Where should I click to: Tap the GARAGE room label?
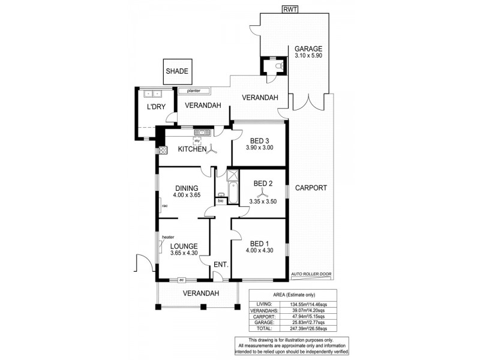[x=308, y=49]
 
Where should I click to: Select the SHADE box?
[x=177, y=71]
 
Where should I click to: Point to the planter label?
[x=193, y=91]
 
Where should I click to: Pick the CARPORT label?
[x=311, y=188]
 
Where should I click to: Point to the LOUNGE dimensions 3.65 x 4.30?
[x=184, y=253]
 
